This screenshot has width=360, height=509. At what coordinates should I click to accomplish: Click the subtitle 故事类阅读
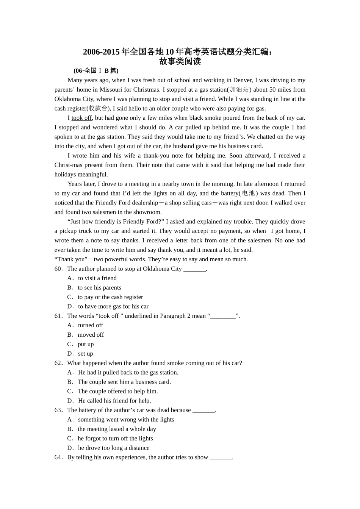coord(180,61)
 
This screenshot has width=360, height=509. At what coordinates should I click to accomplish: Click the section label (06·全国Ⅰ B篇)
coord(96,70)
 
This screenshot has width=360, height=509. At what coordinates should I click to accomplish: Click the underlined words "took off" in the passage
coord(81,118)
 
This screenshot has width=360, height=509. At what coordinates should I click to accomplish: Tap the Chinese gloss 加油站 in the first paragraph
coord(239,89)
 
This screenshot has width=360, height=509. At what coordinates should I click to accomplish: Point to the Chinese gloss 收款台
coord(98,108)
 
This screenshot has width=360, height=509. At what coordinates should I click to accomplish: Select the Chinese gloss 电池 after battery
coord(249,193)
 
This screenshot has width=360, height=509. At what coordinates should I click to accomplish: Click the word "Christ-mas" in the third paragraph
coord(68,165)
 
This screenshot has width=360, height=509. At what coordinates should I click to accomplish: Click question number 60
coord(58,269)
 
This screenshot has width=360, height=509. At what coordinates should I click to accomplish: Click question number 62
coord(58,363)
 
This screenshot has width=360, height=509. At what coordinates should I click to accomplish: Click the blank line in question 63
coord(203,411)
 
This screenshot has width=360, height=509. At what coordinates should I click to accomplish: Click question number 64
coord(58,457)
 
